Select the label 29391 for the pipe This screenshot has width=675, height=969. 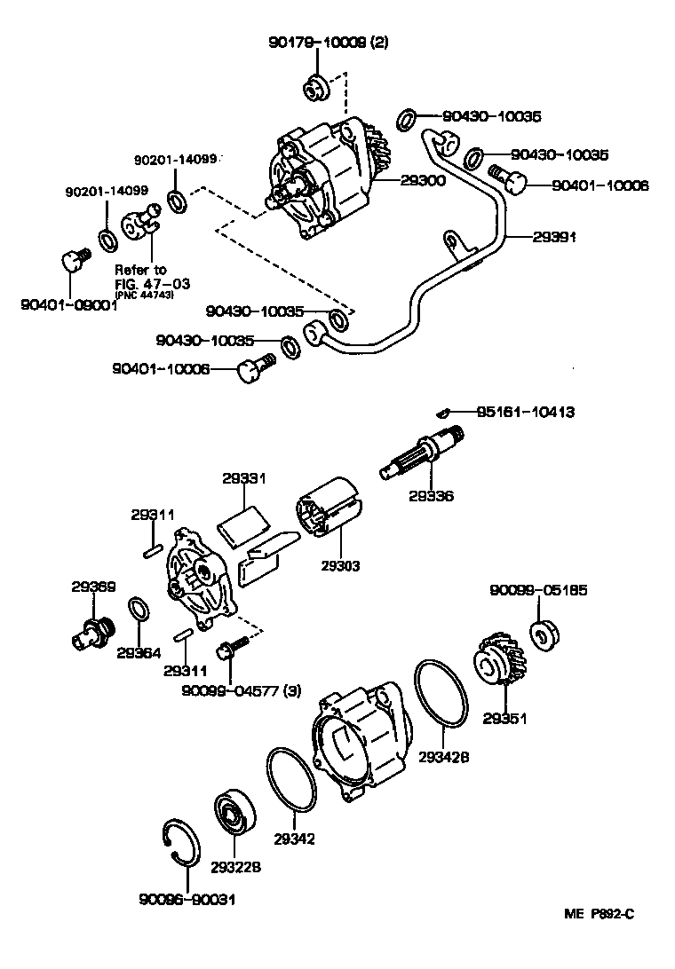(x=555, y=237)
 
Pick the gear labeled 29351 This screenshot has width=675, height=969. (x=498, y=675)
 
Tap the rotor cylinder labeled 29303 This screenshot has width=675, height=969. (x=328, y=511)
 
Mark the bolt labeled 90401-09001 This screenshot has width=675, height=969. (x=72, y=260)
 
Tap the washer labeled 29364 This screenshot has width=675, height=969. (x=139, y=611)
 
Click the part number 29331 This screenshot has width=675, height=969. (x=243, y=478)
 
